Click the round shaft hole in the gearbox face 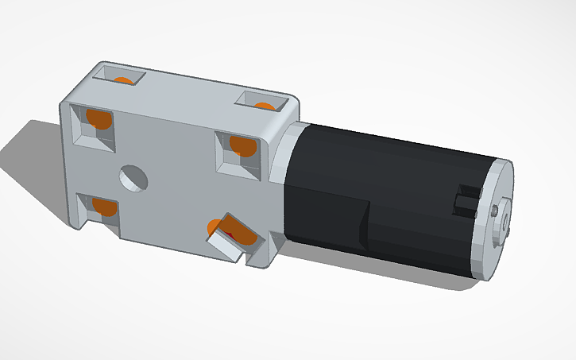pyautogui.click(x=133, y=178)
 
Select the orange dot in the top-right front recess pyautogui.click(x=242, y=146)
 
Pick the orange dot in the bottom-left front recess pyautogui.click(x=105, y=207)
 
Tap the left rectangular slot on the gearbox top pyautogui.click(x=120, y=77)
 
